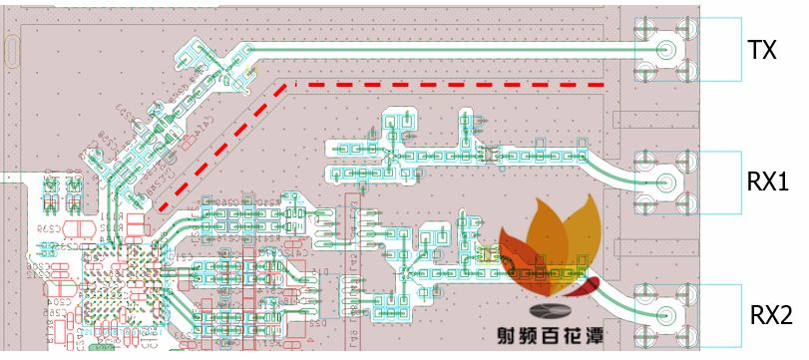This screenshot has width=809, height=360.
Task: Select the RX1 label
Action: (768, 181)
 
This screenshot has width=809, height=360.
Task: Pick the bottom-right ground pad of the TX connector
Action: (686, 69)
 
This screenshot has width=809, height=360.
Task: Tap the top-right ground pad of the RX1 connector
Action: (686, 161)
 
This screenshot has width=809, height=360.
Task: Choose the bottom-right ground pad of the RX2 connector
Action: (686, 337)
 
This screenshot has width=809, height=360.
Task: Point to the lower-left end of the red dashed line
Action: (161, 208)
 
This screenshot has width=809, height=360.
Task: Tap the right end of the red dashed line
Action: (603, 86)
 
